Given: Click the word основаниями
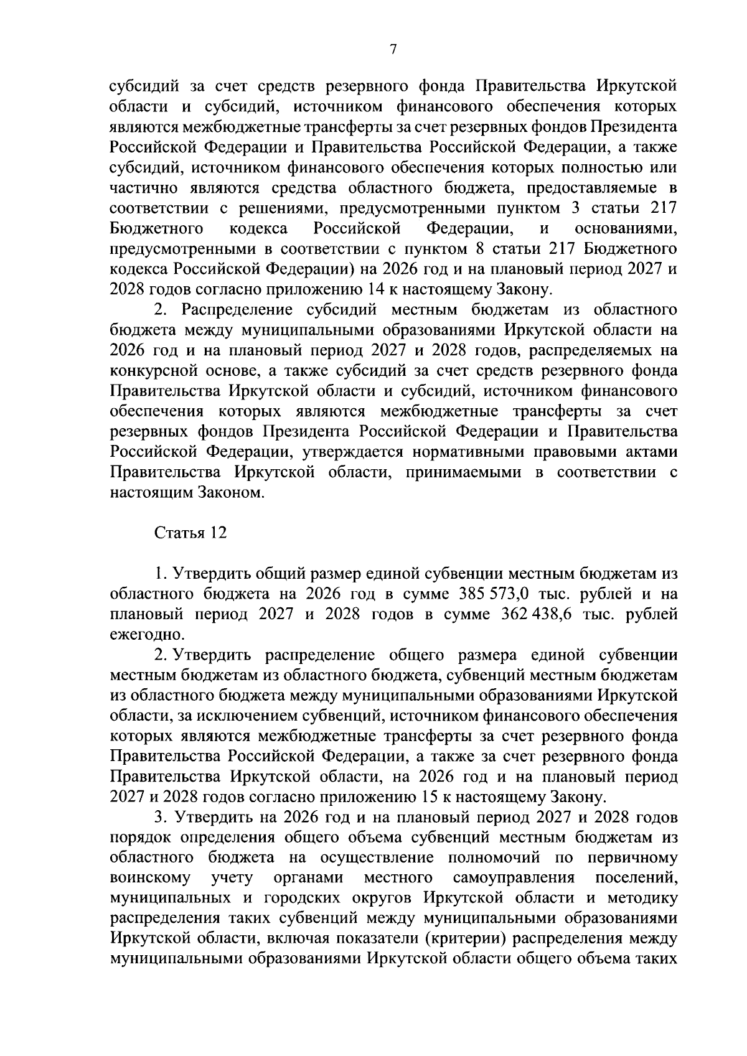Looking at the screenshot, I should [x=626, y=228].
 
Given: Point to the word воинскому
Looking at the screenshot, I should [x=150, y=878].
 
